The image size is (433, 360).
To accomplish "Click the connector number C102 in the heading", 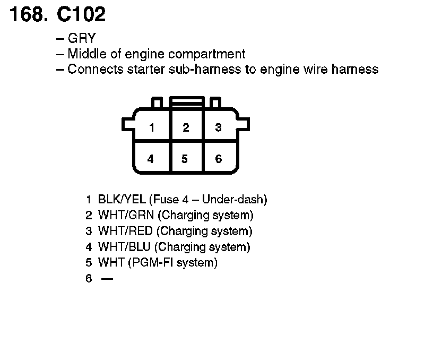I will point(81,14).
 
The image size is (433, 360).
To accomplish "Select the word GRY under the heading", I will point(82,39).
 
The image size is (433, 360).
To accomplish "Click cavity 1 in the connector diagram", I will point(152,127).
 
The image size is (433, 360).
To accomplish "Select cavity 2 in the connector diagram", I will point(186,127).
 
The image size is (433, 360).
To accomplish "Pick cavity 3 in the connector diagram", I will point(218,127).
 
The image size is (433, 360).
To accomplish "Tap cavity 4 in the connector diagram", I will point(151,159).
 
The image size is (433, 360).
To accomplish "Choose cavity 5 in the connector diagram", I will point(185,159).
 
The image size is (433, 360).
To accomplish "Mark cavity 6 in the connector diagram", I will point(219,159).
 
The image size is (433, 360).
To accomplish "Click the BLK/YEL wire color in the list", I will point(122,200).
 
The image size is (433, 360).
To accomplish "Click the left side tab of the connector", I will point(128,124).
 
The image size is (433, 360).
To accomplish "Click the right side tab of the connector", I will point(244,124).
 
